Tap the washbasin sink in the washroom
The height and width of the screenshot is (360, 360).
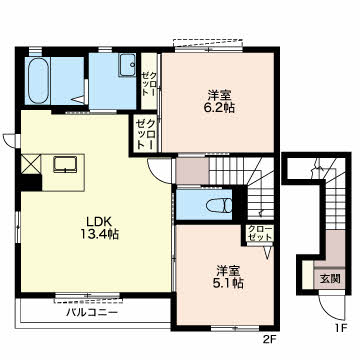click(x=127, y=67)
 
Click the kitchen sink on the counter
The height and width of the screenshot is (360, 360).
click(x=68, y=164)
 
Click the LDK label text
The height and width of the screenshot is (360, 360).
click(x=98, y=220)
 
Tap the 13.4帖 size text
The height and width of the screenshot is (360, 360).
click(x=100, y=235)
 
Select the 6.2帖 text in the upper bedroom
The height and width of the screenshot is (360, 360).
click(x=220, y=107)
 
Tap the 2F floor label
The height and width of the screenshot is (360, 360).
click(x=268, y=337)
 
